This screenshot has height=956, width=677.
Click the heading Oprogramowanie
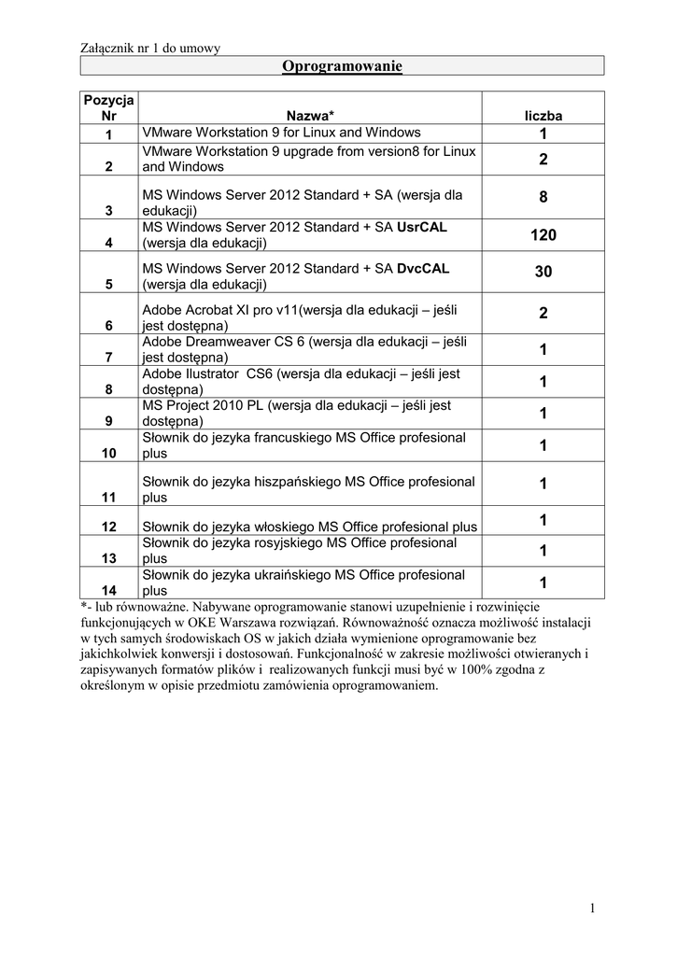342,65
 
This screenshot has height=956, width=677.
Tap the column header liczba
543,116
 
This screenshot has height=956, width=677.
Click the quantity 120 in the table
543,236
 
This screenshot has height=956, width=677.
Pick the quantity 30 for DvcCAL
543,272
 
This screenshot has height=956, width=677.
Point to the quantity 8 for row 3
543,198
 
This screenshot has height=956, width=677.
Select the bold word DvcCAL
423,268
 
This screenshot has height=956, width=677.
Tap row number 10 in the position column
109,453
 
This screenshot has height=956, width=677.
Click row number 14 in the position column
109,590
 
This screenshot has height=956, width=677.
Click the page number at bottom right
592,907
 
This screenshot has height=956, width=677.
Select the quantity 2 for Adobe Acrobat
543,314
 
